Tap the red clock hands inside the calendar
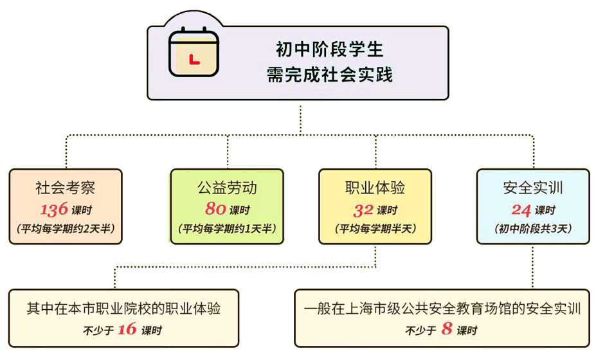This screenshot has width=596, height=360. pos(194,60)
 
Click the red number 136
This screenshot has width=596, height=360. pos(54,210)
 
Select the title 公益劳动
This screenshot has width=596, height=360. pos(227,188)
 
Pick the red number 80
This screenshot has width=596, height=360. pos(215,210)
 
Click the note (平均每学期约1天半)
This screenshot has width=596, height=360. pos(227,228)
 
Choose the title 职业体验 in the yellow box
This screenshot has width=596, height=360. pos(375,188)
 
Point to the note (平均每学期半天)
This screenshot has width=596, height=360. pos(375,228)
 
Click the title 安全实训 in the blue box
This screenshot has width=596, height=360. pos(533,188)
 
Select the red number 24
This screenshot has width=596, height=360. pos(521,210)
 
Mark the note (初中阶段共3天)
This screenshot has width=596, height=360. pos(533,228)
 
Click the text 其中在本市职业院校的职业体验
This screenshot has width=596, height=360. pos(123,309)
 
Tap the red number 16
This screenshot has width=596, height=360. pos(127,330)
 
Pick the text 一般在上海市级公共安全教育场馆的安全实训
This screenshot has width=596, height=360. pos(443,309)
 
